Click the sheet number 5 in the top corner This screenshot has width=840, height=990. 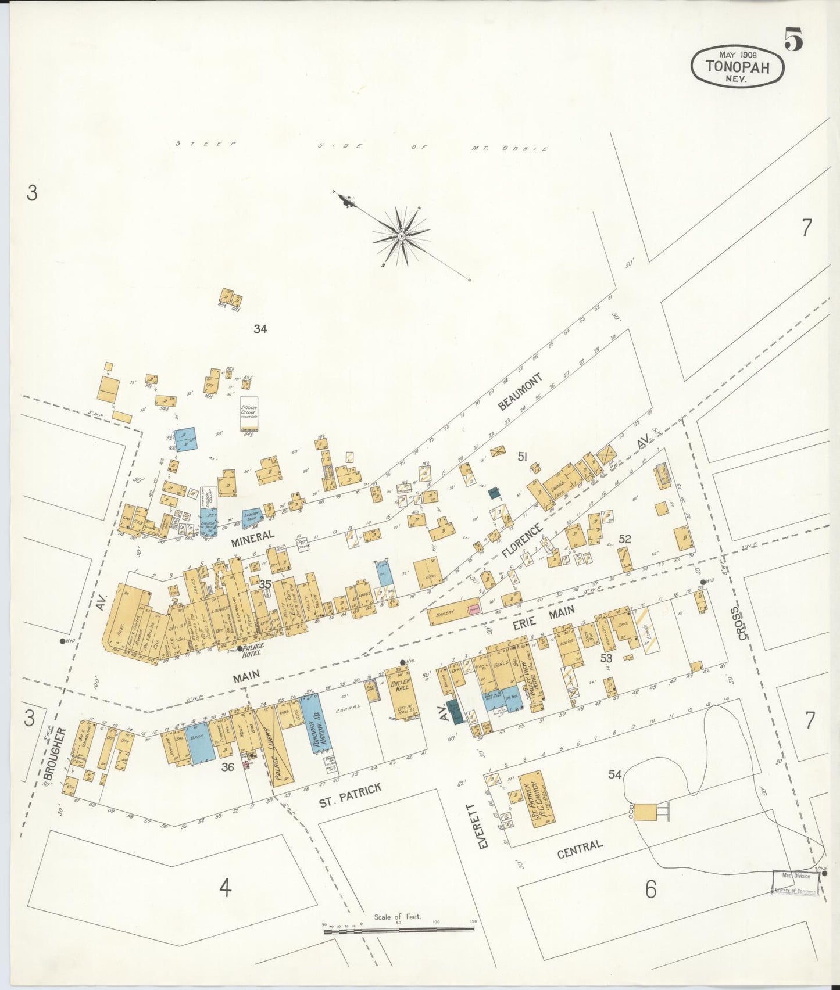pyautogui.click(x=793, y=39)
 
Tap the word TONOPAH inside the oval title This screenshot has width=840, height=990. pyautogui.click(x=738, y=67)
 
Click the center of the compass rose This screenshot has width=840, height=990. pyautogui.click(x=401, y=236)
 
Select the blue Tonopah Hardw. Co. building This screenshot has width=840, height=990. pyautogui.click(x=317, y=723)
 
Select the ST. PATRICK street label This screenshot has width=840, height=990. pyautogui.click(x=350, y=795)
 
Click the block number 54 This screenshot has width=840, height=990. pyautogui.click(x=615, y=774)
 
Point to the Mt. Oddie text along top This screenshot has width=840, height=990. pyautogui.click(x=510, y=149)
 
